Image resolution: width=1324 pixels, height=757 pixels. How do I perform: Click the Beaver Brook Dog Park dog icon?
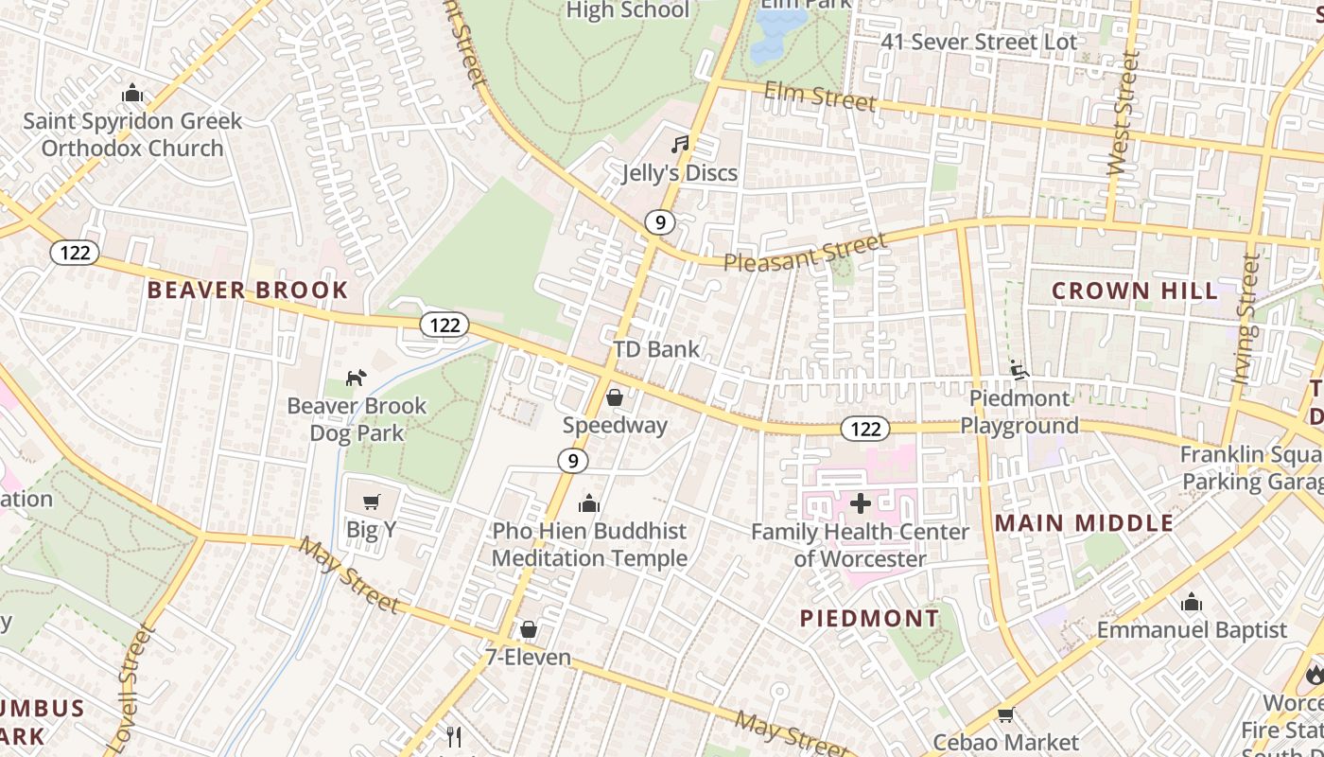click(355, 378)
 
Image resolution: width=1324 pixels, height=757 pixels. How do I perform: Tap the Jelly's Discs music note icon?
click(679, 145)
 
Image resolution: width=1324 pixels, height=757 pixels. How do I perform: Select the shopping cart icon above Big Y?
click(371, 502)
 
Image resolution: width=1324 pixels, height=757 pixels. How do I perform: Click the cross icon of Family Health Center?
click(860, 503)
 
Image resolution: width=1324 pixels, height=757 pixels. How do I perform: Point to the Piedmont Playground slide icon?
click(1019, 370)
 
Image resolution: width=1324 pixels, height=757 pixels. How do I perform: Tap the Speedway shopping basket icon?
click(615, 397)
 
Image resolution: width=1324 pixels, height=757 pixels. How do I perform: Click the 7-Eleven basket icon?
click(529, 629)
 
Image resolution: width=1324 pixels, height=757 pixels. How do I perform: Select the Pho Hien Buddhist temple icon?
click(589, 503)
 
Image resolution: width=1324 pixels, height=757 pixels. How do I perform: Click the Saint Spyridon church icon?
click(132, 94)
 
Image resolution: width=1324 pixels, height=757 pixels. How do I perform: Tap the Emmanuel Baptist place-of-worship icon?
click(1192, 602)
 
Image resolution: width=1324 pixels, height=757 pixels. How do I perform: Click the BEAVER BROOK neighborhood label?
click(248, 290)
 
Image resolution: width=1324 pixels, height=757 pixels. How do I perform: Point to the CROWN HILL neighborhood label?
click(1135, 290)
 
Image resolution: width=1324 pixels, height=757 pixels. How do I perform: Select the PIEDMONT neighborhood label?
click(870, 619)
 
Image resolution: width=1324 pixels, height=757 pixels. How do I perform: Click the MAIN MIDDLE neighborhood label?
click(1085, 523)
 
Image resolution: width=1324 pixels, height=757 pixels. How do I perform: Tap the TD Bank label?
click(656, 349)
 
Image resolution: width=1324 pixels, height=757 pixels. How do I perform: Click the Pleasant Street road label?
click(806, 252)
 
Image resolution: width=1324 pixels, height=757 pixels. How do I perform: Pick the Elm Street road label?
click(819, 96)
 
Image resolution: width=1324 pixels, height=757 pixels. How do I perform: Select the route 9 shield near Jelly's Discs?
click(660, 223)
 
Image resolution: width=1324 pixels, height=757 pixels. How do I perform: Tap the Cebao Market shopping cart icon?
click(1005, 715)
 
